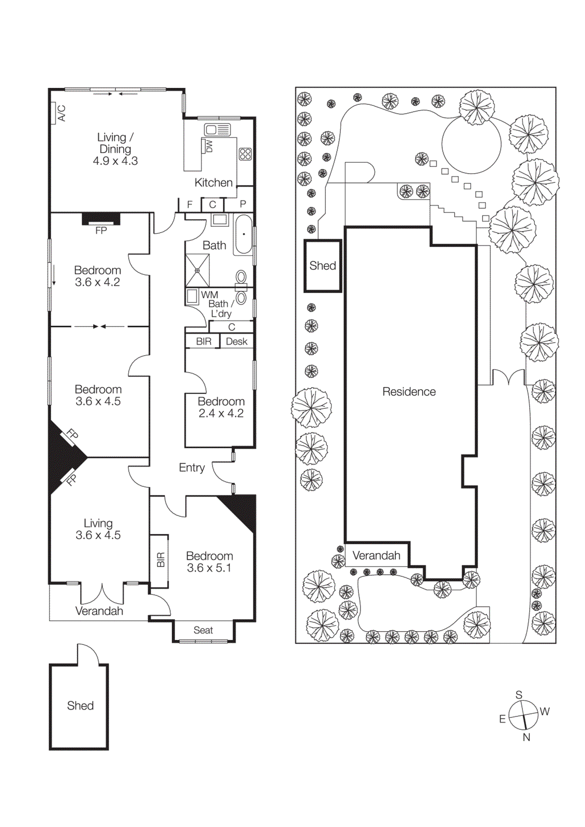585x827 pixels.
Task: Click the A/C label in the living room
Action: click(x=62, y=113)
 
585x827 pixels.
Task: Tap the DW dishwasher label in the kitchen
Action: click(x=209, y=146)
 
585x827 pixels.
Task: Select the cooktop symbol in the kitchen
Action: click(x=245, y=154)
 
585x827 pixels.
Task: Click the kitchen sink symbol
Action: click(x=218, y=129)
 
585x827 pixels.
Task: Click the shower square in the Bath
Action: click(x=197, y=270)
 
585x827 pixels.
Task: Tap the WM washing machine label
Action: click(x=209, y=295)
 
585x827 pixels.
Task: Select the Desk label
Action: click(x=236, y=342)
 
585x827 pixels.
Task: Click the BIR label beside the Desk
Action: click(x=204, y=342)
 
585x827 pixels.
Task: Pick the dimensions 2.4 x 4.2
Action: click(x=221, y=413)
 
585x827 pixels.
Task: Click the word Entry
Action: click(x=192, y=468)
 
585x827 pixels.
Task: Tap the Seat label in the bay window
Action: click(x=203, y=630)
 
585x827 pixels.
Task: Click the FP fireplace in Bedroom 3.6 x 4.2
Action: click(x=101, y=230)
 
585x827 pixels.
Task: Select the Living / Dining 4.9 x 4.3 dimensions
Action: click(x=115, y=161)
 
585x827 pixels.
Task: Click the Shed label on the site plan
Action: click(x=323, y=266)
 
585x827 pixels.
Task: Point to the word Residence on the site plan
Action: click(x=409, y=392)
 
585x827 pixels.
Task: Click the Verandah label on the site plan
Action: click(x=377, y=556)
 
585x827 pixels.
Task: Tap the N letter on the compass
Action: click(x=527, y=738)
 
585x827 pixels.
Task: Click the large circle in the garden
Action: click(x=471, y=144)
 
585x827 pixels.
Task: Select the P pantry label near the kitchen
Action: click(x=243, y=204)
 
